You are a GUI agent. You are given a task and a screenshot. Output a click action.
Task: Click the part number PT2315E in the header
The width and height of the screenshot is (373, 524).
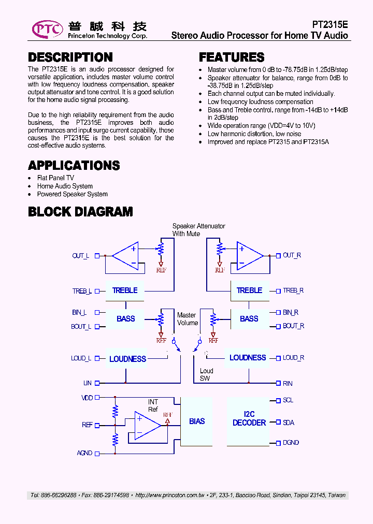coord(330,24)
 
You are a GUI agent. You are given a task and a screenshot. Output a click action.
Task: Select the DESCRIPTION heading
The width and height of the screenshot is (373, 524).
coord(70,57)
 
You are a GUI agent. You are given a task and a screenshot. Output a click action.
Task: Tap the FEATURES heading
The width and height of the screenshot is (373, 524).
coord(232,57)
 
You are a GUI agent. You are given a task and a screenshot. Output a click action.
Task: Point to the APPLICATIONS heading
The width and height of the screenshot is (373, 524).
coord(74,166)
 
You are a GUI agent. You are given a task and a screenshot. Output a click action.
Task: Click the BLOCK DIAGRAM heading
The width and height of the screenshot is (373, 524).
coord(80,211)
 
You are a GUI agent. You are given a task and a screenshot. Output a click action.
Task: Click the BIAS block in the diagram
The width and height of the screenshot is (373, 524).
coord(197,421)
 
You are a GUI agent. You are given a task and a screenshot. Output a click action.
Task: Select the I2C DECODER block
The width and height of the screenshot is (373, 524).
coord(249,419)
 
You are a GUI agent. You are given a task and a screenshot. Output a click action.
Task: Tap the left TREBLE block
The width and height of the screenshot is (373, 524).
coord(125,290)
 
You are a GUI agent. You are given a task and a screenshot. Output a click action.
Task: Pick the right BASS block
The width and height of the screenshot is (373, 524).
coord(249,319)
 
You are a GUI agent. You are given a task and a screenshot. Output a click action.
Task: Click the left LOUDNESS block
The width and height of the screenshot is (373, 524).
coord(127,358)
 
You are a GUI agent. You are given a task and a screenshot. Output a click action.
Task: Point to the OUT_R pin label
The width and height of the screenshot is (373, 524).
coord(292,255)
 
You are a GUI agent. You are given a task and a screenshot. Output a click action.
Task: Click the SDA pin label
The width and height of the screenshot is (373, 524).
coord(289,423)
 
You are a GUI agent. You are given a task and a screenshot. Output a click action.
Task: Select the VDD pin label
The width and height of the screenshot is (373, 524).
coord(87,398)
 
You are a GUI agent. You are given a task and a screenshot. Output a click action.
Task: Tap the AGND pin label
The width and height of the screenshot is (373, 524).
coord(84,453)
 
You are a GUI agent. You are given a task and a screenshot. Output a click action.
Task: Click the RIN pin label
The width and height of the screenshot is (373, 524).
coord(288,383)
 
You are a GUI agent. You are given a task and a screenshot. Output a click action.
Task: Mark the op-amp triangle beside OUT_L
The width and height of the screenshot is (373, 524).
coord(126,256)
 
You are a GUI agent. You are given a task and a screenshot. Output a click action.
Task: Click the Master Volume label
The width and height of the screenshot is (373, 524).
coord(187,319)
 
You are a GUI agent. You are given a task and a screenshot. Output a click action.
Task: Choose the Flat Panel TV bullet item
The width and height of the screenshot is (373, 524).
coord(55,178)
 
